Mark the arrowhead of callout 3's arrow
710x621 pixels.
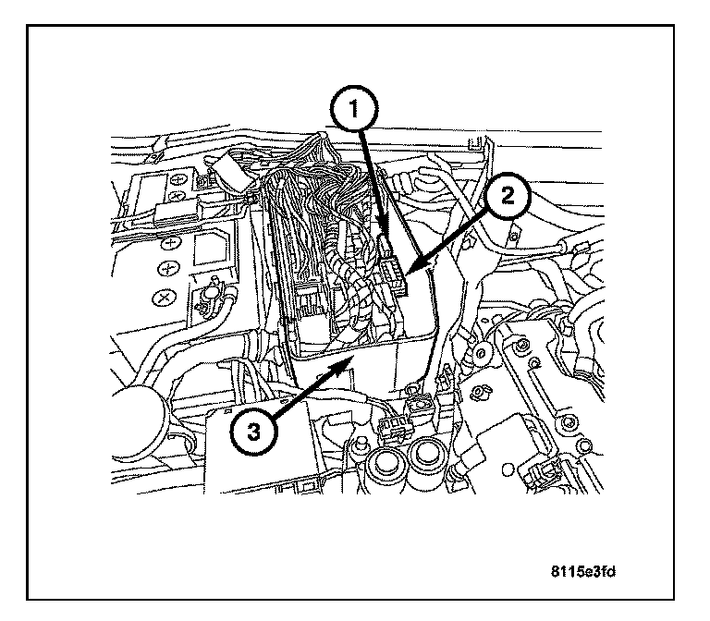tap(349, 363)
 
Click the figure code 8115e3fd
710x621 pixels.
tap(580, 571)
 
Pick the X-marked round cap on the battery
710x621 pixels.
tap(165, 298)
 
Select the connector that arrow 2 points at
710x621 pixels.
tap(394, 275)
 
